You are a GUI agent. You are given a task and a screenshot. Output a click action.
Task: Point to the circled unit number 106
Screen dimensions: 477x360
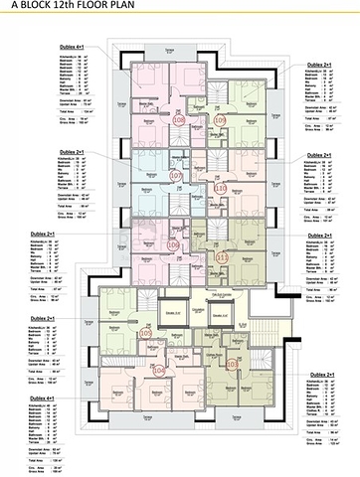[x=173, y=243]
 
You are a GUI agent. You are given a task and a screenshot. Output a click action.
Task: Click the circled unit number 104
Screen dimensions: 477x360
[x=161, y=370]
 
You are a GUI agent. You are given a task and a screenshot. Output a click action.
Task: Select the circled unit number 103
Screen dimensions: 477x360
[x=233, y=365]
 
